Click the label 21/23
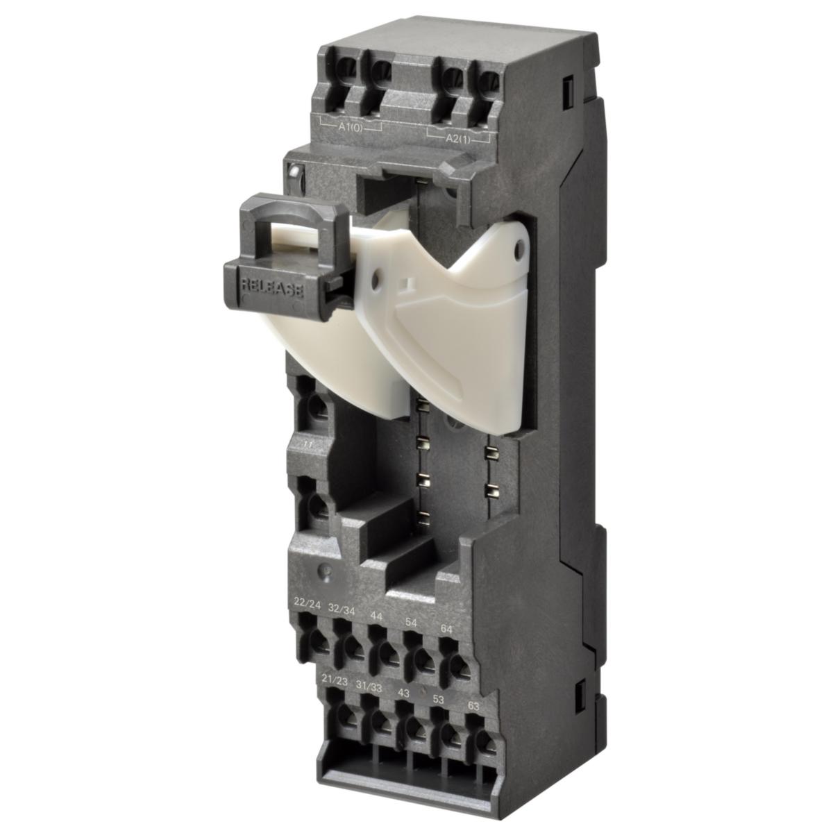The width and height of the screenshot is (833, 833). pyautogui.click(x=335, y=679)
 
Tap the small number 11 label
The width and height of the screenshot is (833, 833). pyautogui.click(x=309, y=442)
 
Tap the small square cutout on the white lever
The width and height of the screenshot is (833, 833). pyautogui.click(x=410, y=283)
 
